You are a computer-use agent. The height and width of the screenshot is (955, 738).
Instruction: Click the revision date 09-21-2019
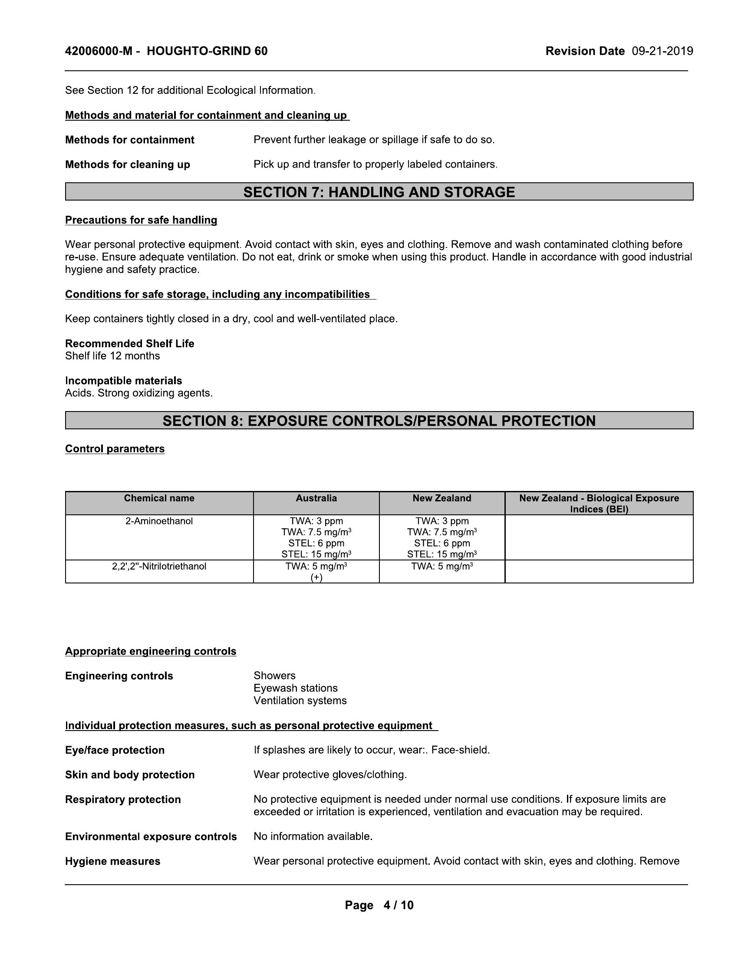[662, 52]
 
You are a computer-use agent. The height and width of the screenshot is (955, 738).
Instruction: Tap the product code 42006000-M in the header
[99, 52]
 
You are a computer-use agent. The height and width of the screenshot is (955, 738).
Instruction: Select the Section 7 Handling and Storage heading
[379, 192]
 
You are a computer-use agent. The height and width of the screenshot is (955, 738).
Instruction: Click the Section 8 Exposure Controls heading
[379, 421]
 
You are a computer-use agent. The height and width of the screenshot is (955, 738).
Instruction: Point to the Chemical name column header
[159, 498]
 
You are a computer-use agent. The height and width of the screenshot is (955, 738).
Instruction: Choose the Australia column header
[316, 498]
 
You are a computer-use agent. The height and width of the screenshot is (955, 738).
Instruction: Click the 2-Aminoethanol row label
[159, 521]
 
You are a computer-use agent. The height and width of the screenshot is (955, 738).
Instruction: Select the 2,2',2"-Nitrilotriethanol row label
[159, 566]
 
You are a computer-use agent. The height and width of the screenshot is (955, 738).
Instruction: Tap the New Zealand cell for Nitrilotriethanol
[442, 566]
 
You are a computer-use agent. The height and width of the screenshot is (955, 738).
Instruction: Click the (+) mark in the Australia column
[316, 577]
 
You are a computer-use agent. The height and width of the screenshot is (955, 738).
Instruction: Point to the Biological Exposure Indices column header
[599, 503]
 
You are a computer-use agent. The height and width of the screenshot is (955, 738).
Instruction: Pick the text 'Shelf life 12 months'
[112, 356]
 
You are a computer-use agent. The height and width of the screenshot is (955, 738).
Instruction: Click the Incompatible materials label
[124, 380]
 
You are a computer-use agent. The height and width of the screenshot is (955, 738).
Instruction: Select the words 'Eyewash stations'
[296, 688]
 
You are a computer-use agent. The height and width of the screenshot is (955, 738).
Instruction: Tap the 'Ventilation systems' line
[300, 701]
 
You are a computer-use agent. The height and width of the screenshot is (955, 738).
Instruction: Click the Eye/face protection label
[115, 750]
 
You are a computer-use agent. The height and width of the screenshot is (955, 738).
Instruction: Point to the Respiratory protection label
[123, 799]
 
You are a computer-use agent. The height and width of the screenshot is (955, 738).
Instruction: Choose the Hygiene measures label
[113, 861]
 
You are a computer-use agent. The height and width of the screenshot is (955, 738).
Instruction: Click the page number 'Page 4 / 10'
[379, 905]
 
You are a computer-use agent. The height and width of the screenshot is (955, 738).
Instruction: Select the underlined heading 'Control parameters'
[115, 449]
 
